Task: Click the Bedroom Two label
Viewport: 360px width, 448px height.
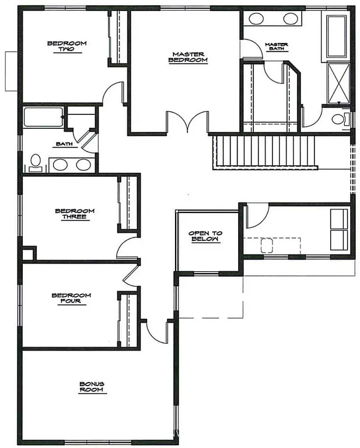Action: pos(67,46)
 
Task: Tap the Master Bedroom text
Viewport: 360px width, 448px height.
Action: pos(188,57)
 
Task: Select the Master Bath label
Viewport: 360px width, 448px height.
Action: pos(276,46)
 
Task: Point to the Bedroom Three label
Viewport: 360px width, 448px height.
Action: pos(75,214)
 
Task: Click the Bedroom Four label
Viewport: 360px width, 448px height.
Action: pos(71,298)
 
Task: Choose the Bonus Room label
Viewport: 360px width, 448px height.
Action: pos(92,387)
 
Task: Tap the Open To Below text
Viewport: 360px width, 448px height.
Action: pos(205,236)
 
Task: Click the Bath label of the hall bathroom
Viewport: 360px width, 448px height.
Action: pos(64,143)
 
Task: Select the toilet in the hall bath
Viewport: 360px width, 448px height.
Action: pos(35,163)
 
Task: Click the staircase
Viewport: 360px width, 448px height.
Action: pos(264,151)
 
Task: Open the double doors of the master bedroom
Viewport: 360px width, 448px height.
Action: pos(187,123)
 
